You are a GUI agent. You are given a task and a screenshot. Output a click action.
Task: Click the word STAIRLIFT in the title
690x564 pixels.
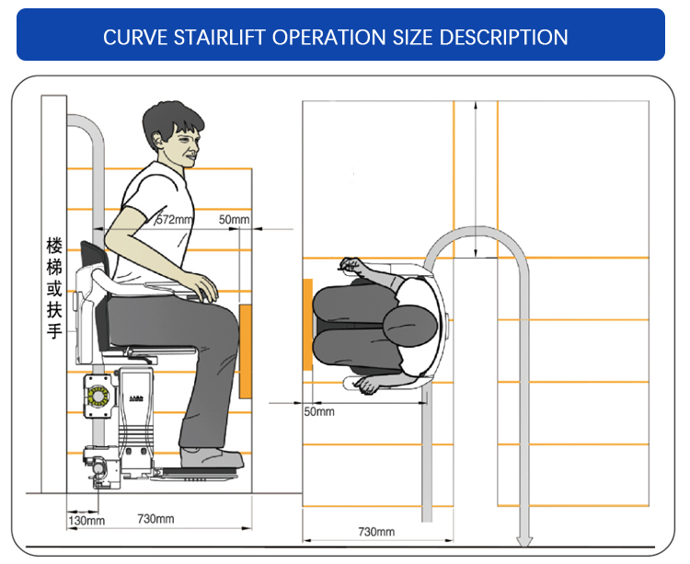pos(219,37)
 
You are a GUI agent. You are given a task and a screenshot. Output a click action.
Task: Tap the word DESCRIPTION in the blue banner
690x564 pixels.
pos(503,37)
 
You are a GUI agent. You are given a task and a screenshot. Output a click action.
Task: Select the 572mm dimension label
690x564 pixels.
pos(174,219)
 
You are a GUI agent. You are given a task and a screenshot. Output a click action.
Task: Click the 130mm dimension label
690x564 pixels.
pos(86,522)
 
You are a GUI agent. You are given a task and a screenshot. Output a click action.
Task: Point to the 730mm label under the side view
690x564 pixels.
pos(155,519)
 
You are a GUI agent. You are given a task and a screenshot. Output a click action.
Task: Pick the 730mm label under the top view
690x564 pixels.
pos(376,532)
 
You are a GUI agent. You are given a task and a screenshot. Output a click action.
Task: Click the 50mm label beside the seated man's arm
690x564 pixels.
pos(234,219)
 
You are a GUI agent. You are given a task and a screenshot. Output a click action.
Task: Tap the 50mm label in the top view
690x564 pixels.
pos(319,412)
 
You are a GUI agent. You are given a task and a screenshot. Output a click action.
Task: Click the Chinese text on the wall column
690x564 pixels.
pos(54,288)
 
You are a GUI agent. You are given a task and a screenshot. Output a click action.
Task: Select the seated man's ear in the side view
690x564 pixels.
pos(157,141)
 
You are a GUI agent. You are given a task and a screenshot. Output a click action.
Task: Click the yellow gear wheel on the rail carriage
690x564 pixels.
pos(98,396)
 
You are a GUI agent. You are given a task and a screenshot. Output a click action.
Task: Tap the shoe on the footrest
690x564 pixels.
pos(213,457)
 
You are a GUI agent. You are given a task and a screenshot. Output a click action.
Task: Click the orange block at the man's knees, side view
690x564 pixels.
pos(245,351)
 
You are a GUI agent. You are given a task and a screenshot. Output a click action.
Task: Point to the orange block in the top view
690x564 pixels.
pos(308,324)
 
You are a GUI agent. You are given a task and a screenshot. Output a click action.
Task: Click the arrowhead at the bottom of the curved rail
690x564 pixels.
pos(524,542)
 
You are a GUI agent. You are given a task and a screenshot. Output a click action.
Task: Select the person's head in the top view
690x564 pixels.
pos(410,326)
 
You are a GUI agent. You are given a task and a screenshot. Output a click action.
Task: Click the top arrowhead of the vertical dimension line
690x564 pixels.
pos(476,106)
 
